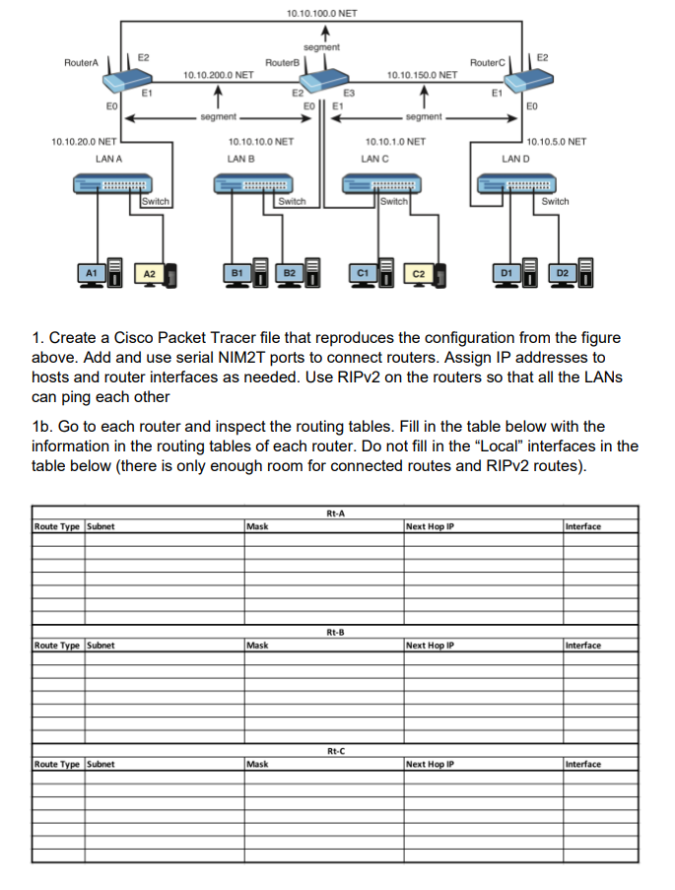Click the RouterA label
point(81,62)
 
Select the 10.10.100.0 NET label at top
point(321,14)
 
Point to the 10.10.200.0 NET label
point(219,74)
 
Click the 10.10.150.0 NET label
point(422,74)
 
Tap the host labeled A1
point(91,272)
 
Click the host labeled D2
point(563,272)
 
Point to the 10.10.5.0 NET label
point(557,141)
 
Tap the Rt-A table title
point(334,512)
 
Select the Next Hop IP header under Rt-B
point(430,646)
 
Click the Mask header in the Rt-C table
point(257,764)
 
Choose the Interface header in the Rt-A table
point(583,526)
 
